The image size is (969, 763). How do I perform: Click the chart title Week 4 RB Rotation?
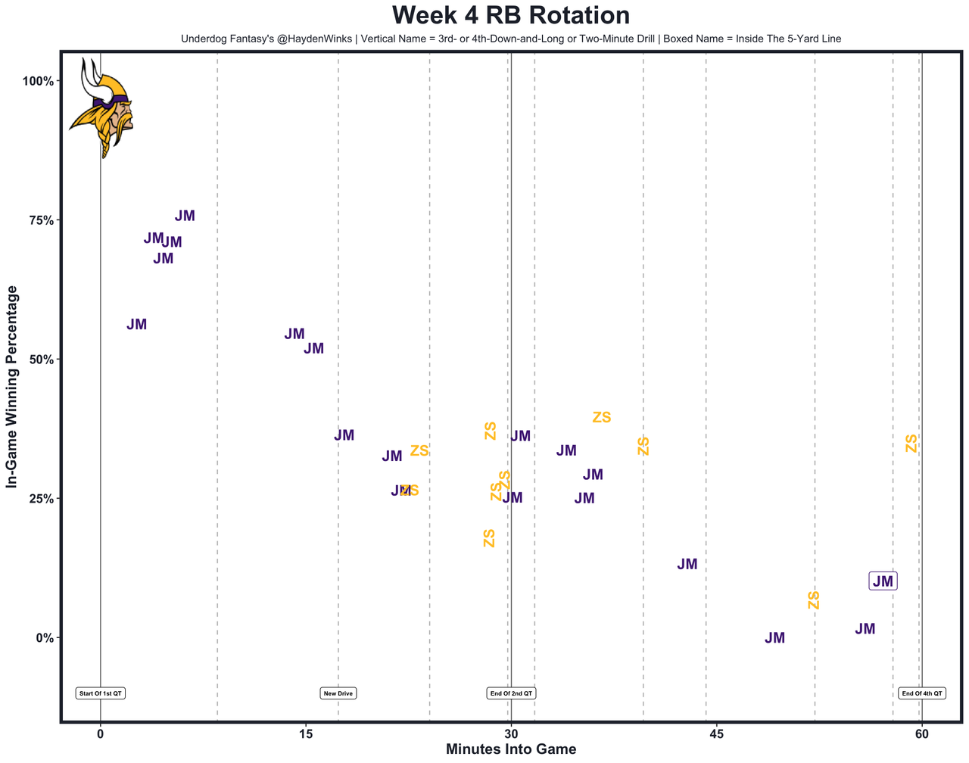click(x=511, y=16)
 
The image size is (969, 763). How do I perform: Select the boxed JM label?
click(x=883, y=581)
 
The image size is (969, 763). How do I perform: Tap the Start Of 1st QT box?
click(x=101, y=693)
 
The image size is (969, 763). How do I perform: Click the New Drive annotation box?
click(x=338, y=693)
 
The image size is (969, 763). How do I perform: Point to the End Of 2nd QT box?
click(x=511, y=693)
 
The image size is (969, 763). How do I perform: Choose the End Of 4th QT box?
click(x=921, y=693)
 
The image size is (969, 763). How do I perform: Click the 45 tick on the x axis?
click(x=716, y=733)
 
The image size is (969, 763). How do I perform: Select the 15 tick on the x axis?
click(x=305, y=733)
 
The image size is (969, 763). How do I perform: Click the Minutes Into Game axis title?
click(x=511, y=749)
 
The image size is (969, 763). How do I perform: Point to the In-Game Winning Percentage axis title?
click(x=12, y=387)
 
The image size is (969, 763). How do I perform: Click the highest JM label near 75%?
click(x=185, y=216)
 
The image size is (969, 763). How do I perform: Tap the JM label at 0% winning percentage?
click(x=774, y=638)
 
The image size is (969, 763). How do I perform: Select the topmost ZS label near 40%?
click(x=601, y=418)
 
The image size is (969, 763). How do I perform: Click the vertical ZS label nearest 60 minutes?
click(x=911, y=444)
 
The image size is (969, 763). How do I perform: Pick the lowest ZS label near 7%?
click(x=814, y=600)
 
